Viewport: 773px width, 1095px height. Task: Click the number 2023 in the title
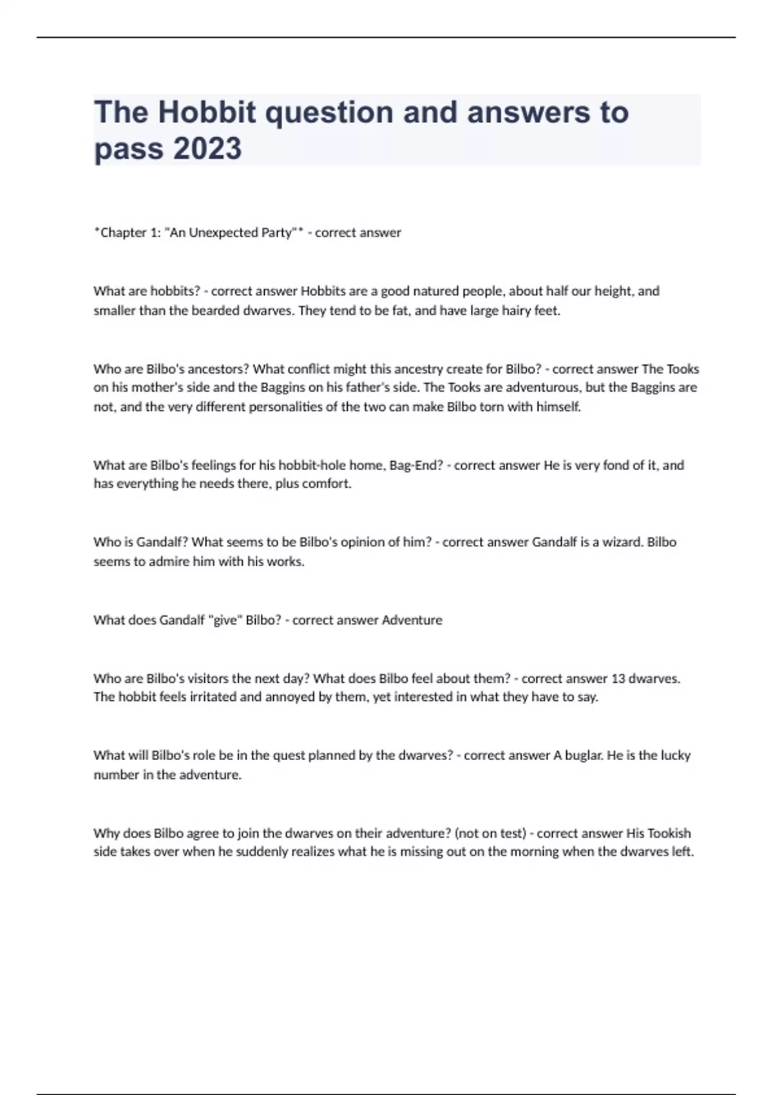tap(207, 148)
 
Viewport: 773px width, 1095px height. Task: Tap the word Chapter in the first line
tap(122, 233)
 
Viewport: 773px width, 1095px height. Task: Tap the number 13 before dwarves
tap(618, 678)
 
